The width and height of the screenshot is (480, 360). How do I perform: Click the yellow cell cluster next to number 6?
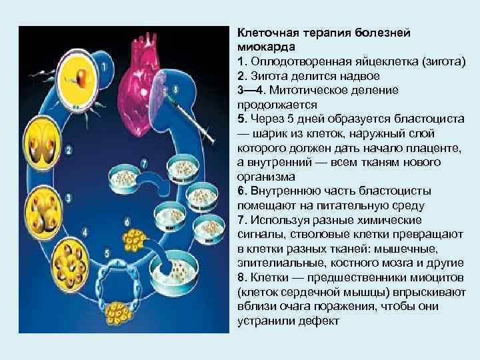click(x=137, y=240)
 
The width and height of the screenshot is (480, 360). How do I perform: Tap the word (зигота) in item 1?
click(x=445, y=62)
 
